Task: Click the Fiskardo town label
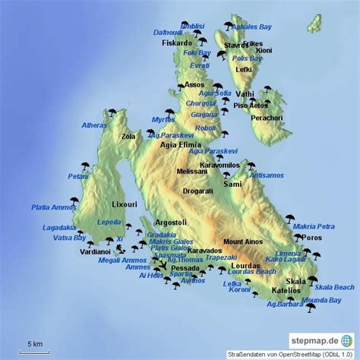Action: pos(177,43)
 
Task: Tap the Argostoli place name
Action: pos(171,222)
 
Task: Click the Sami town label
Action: pos(233,184)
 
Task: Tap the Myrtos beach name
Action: pos(163,119)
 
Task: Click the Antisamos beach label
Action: pos(266,176)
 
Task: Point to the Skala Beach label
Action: pos(333,287)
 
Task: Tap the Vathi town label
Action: pos(245,94)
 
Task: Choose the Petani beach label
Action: pos(77,176)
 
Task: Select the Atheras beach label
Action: pos(95,125)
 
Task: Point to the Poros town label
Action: pos(311,238)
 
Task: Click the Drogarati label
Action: pos(198,191)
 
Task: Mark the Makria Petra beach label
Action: pos(313,226)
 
